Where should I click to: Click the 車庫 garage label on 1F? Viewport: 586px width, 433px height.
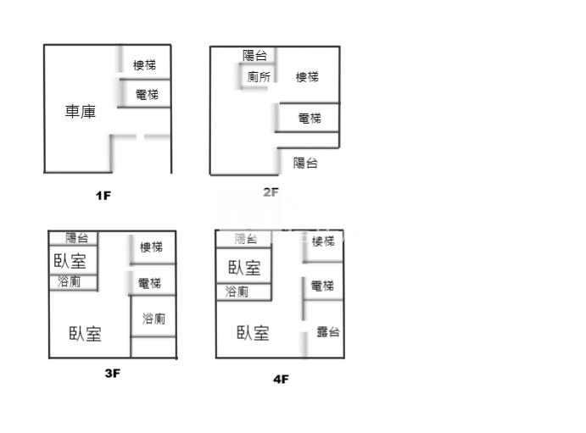tap(81, 111)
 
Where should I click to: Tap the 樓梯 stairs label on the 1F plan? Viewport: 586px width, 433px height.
tap(144, 65)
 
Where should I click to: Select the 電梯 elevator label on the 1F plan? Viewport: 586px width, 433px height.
tap(147, 95)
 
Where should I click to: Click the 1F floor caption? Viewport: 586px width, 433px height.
tap(103, 196)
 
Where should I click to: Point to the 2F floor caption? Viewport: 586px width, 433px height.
tap(271, 192)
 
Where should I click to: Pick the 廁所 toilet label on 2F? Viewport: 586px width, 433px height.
tap(260, 77)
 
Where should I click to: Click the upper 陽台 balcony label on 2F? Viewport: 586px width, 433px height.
tap(254, 56)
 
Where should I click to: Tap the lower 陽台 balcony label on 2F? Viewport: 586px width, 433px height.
tap(305, 163)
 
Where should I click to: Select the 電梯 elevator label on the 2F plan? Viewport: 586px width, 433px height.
tap(310, 119)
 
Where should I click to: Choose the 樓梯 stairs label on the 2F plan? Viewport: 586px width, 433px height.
tap(307, 77)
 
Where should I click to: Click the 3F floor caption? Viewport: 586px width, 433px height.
tap(112, 373)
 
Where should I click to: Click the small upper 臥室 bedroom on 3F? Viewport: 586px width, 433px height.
tap(70, 260)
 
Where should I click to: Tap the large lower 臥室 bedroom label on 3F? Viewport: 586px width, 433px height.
tap(85, 334)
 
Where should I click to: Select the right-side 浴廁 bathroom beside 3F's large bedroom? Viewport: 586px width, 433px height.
tap(153, 319)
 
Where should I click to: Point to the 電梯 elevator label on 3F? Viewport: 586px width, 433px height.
tap(149, 283)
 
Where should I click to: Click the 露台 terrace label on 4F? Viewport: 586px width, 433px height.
tap(328, 332)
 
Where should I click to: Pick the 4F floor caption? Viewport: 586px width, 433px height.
tap(281, 379)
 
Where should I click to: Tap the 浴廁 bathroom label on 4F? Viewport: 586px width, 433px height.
tap(237, 292)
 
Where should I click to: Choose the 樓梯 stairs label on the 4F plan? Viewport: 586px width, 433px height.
tap(323, 241)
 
